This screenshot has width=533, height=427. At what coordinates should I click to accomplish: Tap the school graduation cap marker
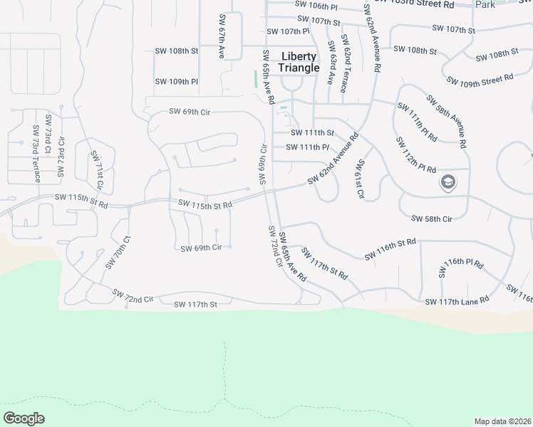(x=449, y=183)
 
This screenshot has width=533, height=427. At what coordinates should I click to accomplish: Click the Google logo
(x=24, y=418)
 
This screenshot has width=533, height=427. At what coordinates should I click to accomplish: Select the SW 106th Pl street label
(x=316, y=6)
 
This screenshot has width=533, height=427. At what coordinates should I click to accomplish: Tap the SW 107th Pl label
(x=288, y=31)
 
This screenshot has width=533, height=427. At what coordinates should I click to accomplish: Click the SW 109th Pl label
(x=177, y=82)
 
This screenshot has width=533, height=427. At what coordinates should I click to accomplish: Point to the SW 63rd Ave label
(x=331, y=63)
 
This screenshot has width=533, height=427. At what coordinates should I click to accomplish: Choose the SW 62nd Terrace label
(x=343, y=63)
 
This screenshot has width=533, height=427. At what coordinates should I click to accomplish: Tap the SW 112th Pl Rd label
(x=415, y=154)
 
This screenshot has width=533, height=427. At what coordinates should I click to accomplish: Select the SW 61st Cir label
(x=361, y=179)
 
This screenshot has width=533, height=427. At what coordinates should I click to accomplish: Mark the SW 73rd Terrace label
(x=36, y=155)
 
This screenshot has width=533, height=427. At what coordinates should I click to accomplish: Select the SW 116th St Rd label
(x=390, y=250)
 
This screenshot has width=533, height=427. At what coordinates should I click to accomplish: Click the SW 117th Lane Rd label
(x=457, y=302)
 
